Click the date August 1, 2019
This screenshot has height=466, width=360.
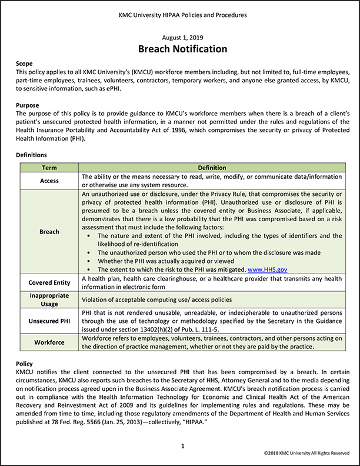(x=182, y=37)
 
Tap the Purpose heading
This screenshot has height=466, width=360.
(x=27, y=105)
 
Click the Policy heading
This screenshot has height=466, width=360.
(x=25, y=364)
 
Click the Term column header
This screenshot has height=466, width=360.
(x=49, y=168)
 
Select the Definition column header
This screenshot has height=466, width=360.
(x=211, y=168)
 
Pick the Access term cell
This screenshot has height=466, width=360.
(x=49, y=181)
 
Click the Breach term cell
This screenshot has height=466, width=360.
(x=49, y=231)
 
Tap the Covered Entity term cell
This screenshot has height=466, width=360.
(x=49, y=282)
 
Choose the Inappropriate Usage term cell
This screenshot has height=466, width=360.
(x=49, y=299)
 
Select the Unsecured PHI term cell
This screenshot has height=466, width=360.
(x=49, y=321)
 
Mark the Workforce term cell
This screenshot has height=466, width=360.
(x=49, y=342)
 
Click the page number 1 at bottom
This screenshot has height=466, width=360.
(x=183, y=447)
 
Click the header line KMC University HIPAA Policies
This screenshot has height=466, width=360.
(x=182, y=14)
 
